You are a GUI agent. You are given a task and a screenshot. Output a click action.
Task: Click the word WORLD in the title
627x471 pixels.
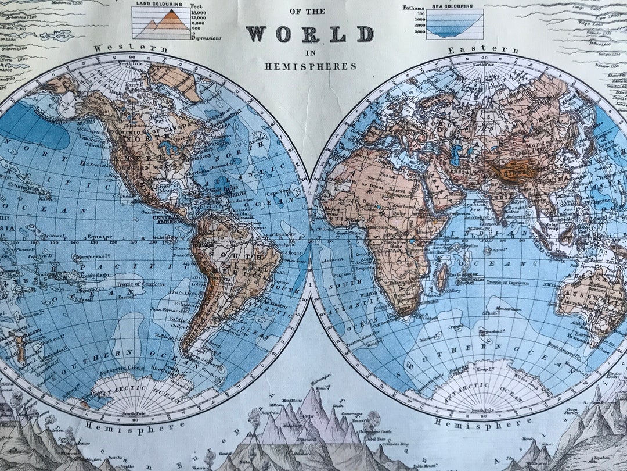click(309, 34)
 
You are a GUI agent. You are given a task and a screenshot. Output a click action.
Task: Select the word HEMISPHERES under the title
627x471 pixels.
click(311, 66)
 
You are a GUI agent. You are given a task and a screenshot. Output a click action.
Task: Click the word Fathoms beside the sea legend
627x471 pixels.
click(414, 8)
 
